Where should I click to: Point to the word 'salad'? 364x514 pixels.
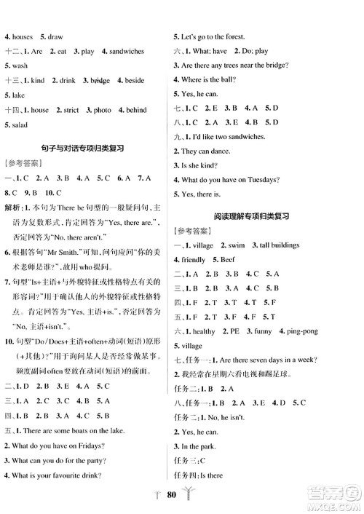20,124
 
